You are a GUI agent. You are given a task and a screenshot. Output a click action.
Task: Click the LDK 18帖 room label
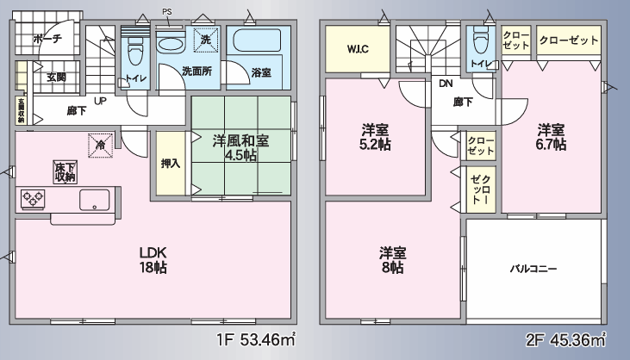point(153,260)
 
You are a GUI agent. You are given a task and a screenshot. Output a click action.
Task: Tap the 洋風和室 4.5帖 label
point(240,147)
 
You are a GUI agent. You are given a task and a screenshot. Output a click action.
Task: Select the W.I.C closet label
point(358,49)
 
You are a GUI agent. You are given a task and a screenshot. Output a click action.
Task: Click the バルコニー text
point(533,268)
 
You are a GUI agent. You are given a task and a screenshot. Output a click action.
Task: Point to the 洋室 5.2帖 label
point(375,137)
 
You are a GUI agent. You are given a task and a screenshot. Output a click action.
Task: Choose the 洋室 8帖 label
point(392,260)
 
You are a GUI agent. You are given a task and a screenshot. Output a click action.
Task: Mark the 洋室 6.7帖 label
point(551,137)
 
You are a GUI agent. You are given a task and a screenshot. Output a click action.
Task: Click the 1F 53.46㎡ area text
point(256,340)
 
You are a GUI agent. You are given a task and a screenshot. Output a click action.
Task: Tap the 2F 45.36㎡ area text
point(565,340)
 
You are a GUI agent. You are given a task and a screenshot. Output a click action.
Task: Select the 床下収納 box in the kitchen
point(65,172)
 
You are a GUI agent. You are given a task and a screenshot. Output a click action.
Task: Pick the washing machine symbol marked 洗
point(206,40)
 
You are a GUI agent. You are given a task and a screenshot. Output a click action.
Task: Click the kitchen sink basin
point(95,200)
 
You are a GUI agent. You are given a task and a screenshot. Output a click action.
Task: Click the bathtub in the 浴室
point(259,39)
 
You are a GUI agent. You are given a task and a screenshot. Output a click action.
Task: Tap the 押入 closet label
point(171,164)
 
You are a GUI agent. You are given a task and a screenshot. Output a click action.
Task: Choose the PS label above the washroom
point(167,12)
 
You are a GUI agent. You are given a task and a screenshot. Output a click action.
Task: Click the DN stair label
point(446,84)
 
